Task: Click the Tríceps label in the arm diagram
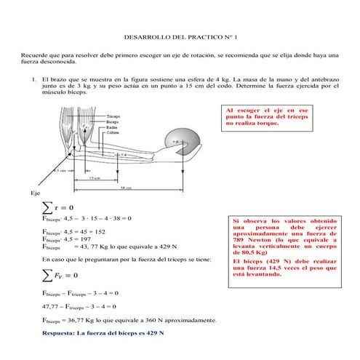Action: (113, 116)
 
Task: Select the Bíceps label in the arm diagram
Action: (113, 122)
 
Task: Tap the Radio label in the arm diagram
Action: (112, 128)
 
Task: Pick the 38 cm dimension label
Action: (124, 187)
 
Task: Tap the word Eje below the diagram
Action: (35, 193)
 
